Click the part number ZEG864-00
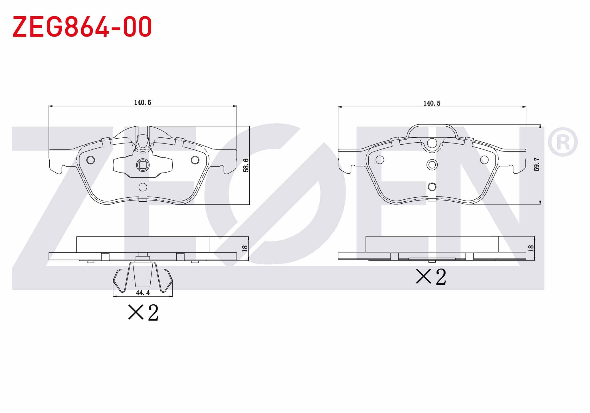[82, 27]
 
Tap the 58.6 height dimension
[246, 165]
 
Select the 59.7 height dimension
[537, 164]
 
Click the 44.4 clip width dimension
[143, 293]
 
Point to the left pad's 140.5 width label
[143, 102]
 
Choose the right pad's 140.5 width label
[432, 103]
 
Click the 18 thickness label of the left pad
[245, 248]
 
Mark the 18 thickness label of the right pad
[531, 248]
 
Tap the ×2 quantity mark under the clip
[143, 313]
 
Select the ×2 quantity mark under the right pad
[431, 277]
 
